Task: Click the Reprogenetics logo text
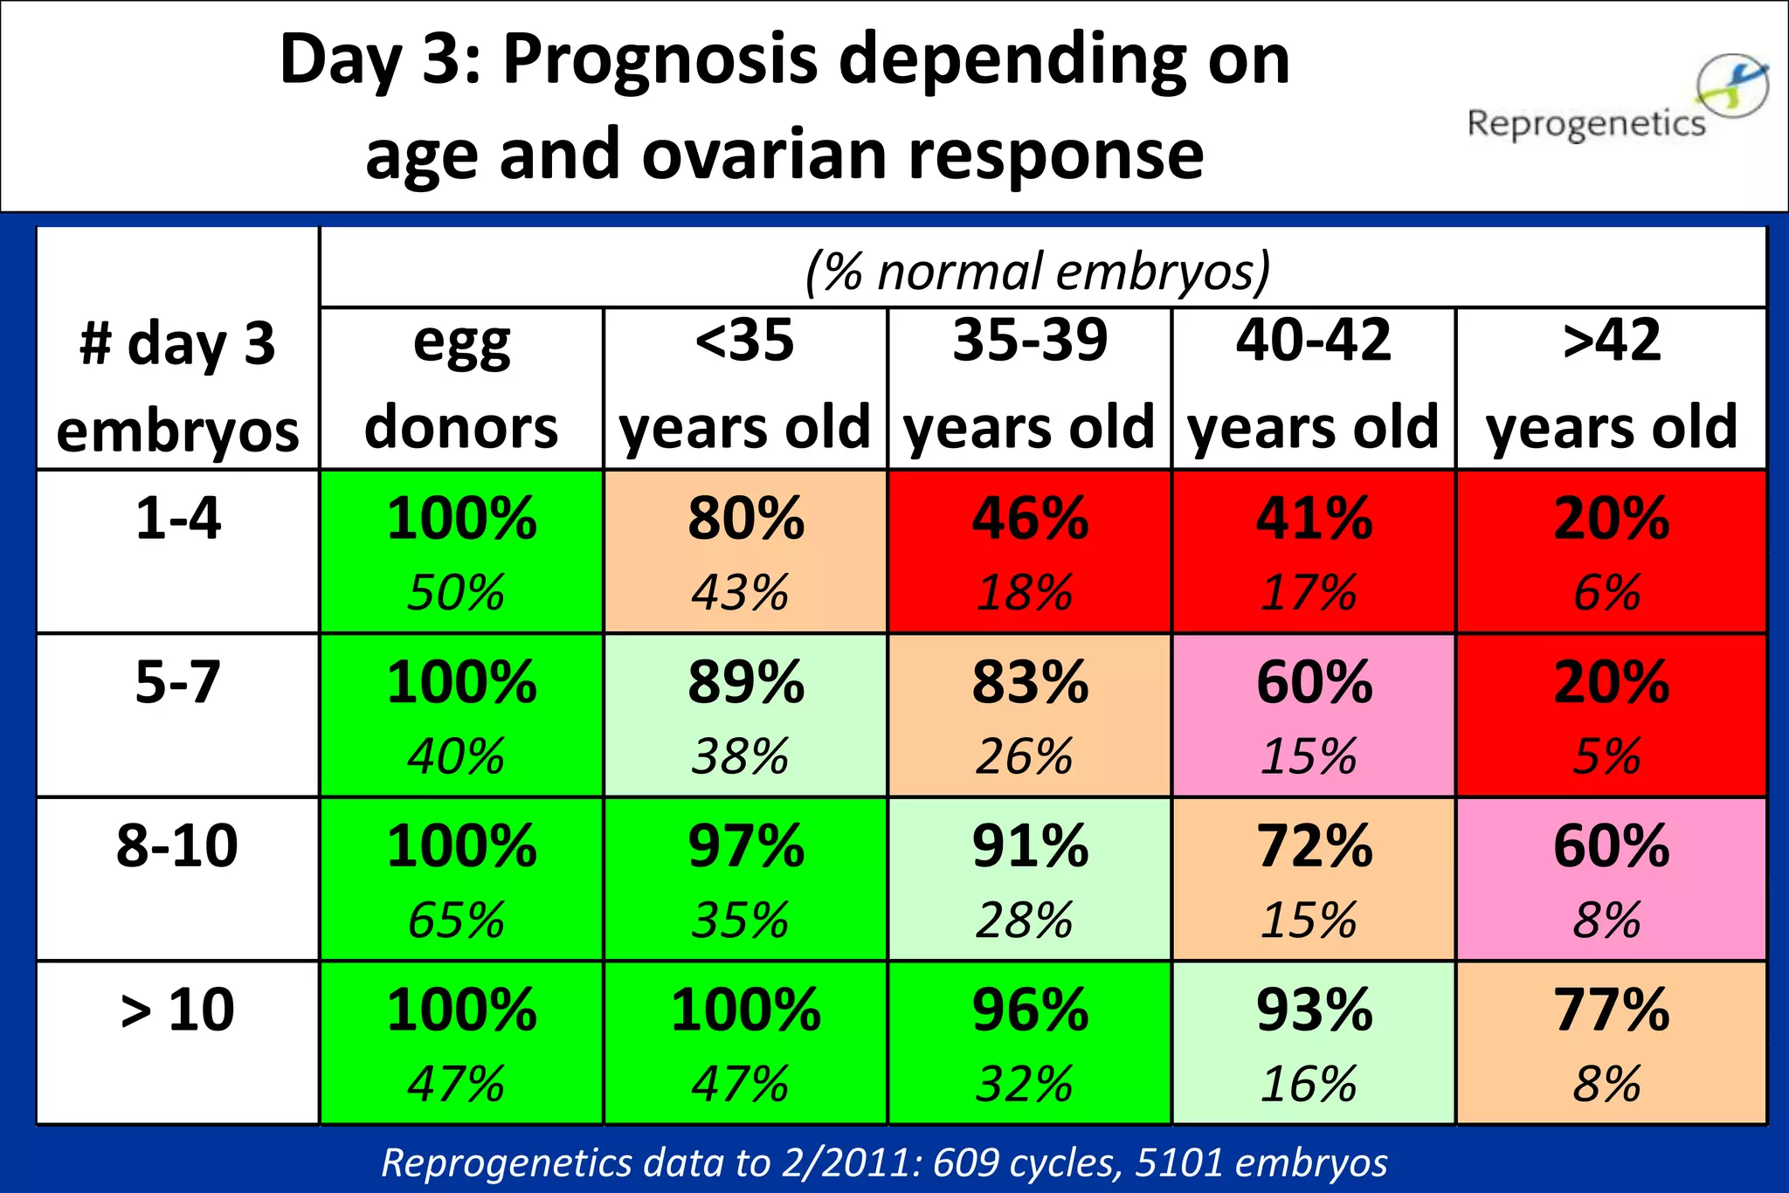(1585, 124)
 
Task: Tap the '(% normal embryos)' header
(1038, 271)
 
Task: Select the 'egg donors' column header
(461, 384)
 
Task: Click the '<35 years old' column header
(744, 384)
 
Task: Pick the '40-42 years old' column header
(1313, 384)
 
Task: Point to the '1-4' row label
(177, 518)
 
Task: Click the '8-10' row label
(177, 845)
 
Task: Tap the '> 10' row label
(177, 1010)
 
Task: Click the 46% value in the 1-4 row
(1030, 518)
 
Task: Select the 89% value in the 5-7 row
(745, 682)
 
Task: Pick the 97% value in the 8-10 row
(745, 845)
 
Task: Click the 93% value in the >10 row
(1314, 1010)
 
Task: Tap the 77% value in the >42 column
(1611, 1010)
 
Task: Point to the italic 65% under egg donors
(456, 920)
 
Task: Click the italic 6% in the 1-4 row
(1606, 592)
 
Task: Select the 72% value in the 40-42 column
(1314, 845)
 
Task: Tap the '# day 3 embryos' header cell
(177, 386)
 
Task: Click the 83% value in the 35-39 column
(1030, 682)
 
